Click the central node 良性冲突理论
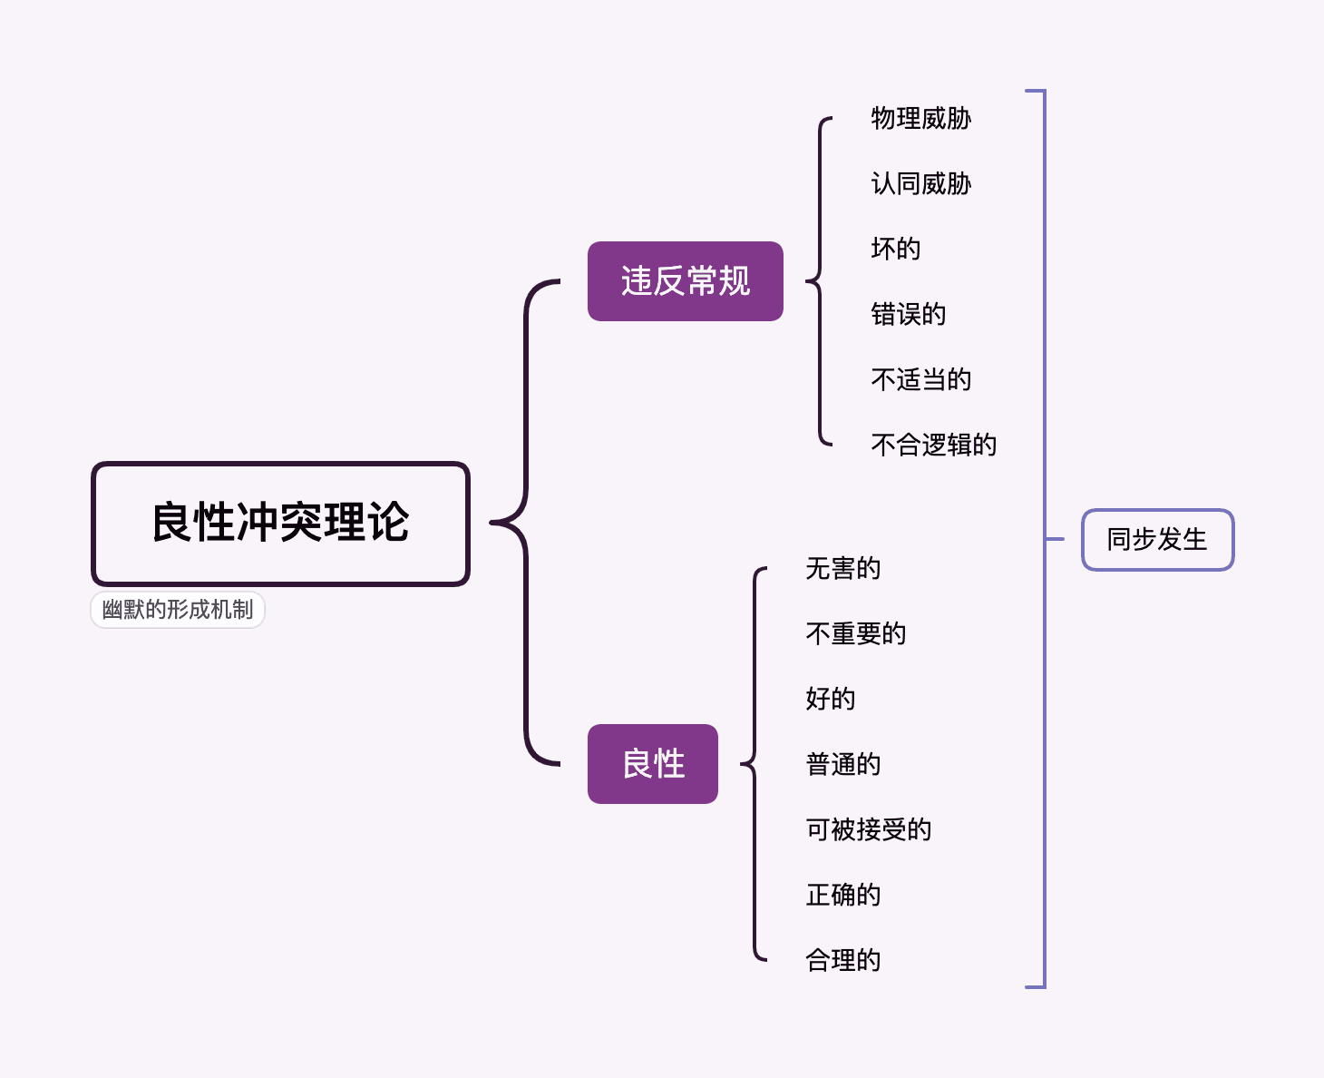[280, 524]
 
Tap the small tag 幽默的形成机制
[178, 610]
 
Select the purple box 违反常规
[685, 281]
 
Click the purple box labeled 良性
[652, 764]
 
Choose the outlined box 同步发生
[1157, 540]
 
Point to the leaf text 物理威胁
[920, 119]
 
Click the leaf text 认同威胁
[920, 184]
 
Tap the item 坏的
[895, 250]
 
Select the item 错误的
[908, 315]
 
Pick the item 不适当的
[920, 380]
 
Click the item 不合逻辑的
[933, 446]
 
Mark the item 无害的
[842, 569]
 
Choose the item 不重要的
[855, 634]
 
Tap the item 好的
[830, 700]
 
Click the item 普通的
[842, 765]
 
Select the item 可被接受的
[868, 830]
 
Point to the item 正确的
[842, 896]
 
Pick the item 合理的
[842, 961]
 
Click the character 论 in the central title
[388, 524]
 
